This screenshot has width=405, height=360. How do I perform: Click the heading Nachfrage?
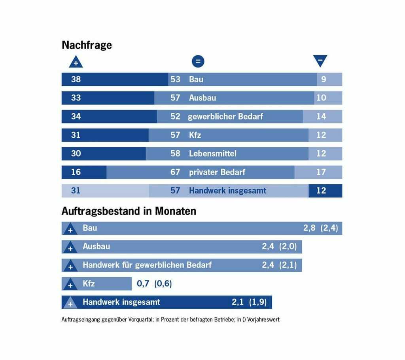(87, 45)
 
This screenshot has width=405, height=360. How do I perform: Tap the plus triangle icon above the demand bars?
(76, 62)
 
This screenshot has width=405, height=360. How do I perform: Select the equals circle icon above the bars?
(198, 61)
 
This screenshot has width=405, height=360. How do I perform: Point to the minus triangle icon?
(320, 61)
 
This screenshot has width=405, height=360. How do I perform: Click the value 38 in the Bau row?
(76, 79)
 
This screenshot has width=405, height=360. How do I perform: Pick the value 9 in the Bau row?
(324, 79)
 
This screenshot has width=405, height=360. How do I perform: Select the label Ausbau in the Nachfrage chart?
(202, 98)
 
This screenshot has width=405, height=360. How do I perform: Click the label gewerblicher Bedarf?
(225, 116)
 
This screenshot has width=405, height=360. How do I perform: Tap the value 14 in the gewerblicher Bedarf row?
(321, 116)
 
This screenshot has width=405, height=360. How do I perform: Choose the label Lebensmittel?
(213, 153)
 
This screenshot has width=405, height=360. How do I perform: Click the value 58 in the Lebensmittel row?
(175, 153)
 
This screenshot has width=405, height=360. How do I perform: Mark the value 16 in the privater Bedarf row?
(76, 172)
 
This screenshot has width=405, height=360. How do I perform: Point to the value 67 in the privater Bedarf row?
(175, 172)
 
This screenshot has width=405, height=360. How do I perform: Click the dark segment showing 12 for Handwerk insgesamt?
(325, 191)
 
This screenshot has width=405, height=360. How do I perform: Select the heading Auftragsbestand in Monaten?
(129, 211)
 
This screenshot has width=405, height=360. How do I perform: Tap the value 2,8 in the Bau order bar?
(309, 228)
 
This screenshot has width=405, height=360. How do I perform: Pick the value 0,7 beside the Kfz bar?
(143, 284)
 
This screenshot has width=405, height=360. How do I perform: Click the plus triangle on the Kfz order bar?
(70, 284)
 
